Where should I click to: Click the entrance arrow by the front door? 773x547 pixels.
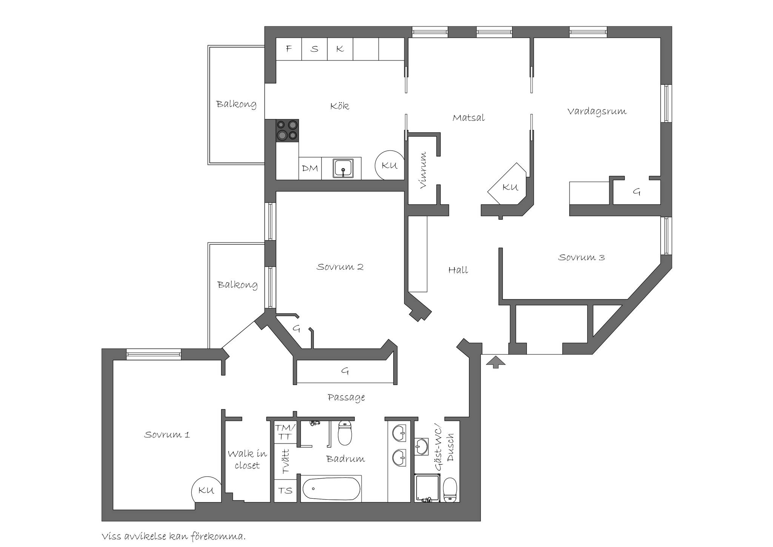(495, 362)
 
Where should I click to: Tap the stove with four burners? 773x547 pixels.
(287, 130)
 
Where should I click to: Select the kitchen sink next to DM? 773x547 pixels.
(343, 168)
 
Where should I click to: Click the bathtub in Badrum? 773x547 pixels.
(331, 489)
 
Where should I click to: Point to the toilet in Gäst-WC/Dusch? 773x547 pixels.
(450, 490)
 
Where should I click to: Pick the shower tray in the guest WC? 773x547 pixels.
(427, 488)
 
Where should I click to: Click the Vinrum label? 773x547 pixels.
(423, 170)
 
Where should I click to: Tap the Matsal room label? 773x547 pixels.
(468, 118)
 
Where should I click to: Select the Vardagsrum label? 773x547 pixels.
(597, 111)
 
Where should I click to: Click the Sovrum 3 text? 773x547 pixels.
(581, 258)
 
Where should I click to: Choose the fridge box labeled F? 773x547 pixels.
(289, 49)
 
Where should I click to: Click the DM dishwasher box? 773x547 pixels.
(310, 168)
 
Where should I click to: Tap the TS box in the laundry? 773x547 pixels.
(285, 491)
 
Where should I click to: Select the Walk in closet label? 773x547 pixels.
(247, 459)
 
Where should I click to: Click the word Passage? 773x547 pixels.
(346, 397)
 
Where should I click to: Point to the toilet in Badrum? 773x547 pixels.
(345, 433)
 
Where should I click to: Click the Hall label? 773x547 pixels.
(458, 270)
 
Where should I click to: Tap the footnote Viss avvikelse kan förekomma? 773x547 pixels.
(174, 536)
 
